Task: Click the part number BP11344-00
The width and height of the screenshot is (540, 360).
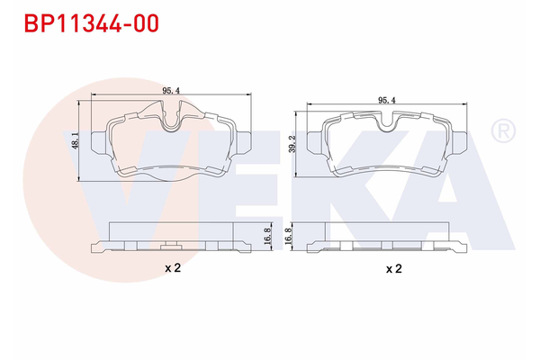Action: [85, 23]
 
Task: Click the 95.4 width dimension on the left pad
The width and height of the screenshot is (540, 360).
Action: [168, 91]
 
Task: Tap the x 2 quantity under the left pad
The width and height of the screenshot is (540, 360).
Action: [173, 267]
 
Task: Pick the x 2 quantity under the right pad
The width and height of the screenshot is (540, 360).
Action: [393, 267]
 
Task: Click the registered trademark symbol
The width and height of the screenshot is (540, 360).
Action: [500, 132]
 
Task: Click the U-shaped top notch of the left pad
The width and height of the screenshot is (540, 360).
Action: [170, 115]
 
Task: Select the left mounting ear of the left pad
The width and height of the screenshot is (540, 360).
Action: [103, 142]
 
